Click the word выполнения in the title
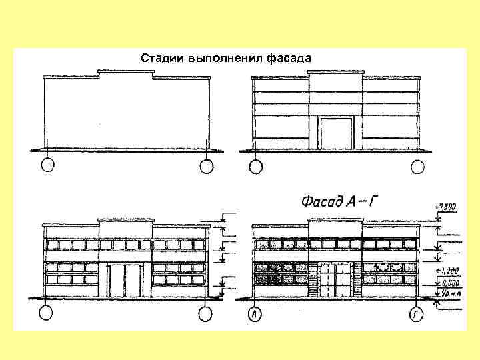click(x=226, y=58)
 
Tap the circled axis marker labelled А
click(x=255, y=313)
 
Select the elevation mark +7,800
click(x=445, y=207)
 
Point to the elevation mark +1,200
click(x=445, y=271)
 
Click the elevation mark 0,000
click(x=445, y=282)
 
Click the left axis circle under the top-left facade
click(x=47, y=165)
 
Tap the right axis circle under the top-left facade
click(x=205, y=165)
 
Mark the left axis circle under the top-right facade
click(x=254, y=165)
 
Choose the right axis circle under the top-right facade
click(x=417, y=165)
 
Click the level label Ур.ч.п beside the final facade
click(x=445, y=293)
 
